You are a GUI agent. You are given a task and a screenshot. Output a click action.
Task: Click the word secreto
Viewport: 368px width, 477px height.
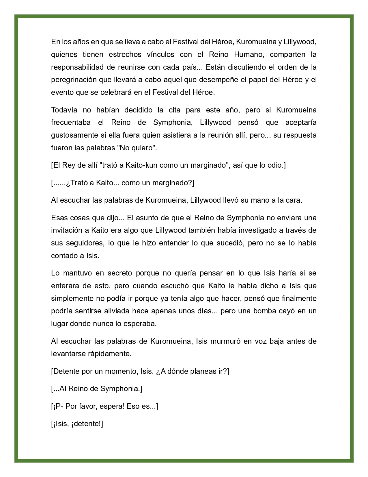coord(120,273)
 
